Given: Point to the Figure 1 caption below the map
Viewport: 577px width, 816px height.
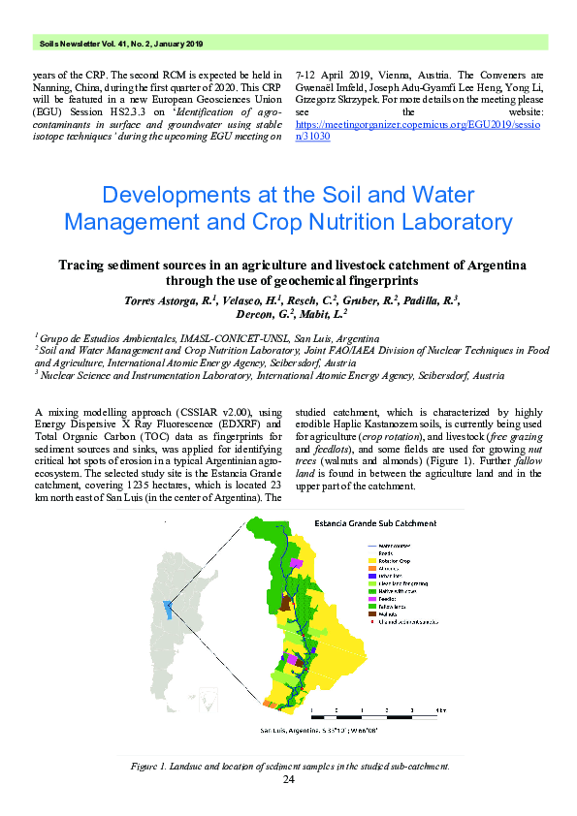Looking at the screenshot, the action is pyautogui.click(x=288, y=766).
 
